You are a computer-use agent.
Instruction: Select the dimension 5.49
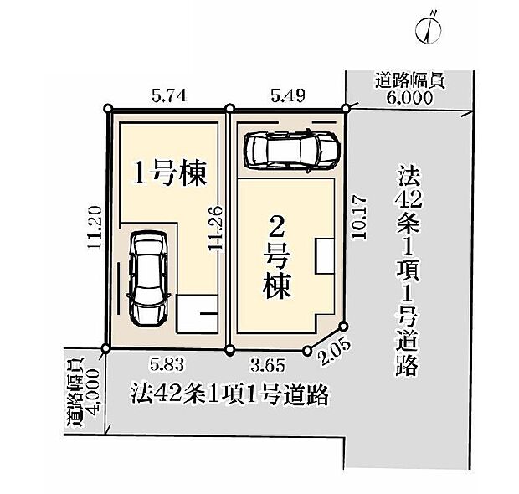(286, 97)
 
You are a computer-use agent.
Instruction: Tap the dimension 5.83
(166, 366)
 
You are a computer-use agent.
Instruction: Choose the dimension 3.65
(270, 366)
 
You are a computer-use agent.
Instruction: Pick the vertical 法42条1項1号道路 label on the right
(408, 271)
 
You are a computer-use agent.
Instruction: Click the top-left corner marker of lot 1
(109, 108)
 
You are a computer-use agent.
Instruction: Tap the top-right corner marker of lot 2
(345, 107)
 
